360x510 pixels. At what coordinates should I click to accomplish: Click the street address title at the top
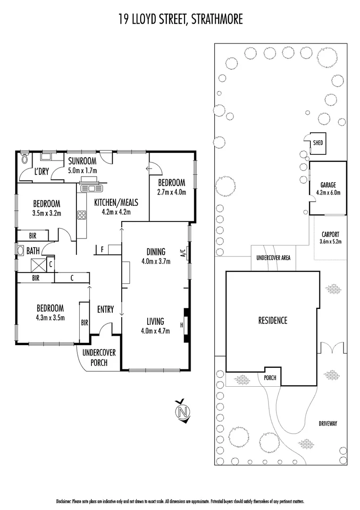[x=180, y=19]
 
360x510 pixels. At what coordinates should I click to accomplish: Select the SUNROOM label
[x=82, y=160]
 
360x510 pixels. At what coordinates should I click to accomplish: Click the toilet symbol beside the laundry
[x=25, y=159]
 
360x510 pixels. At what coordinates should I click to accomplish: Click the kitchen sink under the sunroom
[x=92, y=188]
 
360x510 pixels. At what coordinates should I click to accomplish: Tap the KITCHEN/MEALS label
[x=116, y=203]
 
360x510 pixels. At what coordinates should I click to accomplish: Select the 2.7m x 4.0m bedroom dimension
[x=171, y=192]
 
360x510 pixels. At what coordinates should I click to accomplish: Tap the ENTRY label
[x=105, y=309]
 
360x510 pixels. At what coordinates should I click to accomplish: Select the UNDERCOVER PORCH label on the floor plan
[x=99, y=357]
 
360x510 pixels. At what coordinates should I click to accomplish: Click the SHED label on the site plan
[x=318, y=142]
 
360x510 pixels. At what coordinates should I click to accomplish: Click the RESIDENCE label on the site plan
[x=272, y=321]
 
